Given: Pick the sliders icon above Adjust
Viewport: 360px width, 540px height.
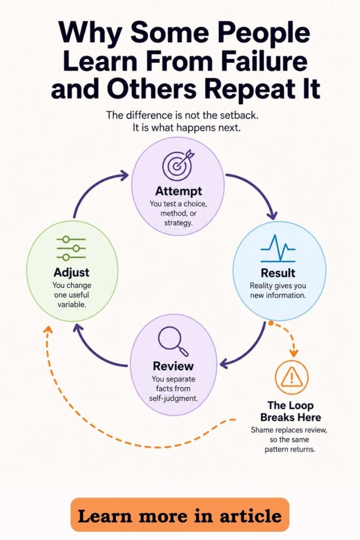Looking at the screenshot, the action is tap(71, 248).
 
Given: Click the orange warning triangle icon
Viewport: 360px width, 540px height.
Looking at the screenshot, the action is tap(292, 377).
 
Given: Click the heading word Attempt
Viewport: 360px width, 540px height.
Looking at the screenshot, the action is tap(179, 191).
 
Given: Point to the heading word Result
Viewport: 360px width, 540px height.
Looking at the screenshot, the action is tap(278, 273).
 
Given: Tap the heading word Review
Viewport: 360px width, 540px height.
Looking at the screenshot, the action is tap(173, 366).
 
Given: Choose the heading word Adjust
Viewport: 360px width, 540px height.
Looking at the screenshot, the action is tap(72, 273).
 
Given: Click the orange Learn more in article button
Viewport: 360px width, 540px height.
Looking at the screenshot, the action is tap(180, 515).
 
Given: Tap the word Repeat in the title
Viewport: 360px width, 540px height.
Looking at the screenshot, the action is tap(253, 89).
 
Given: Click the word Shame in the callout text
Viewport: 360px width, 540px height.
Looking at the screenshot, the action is tap(262, 430).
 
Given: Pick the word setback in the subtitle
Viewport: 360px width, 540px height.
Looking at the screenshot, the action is tap(239, 114).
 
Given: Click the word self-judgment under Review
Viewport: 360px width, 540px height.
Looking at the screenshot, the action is tap(173, 399).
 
